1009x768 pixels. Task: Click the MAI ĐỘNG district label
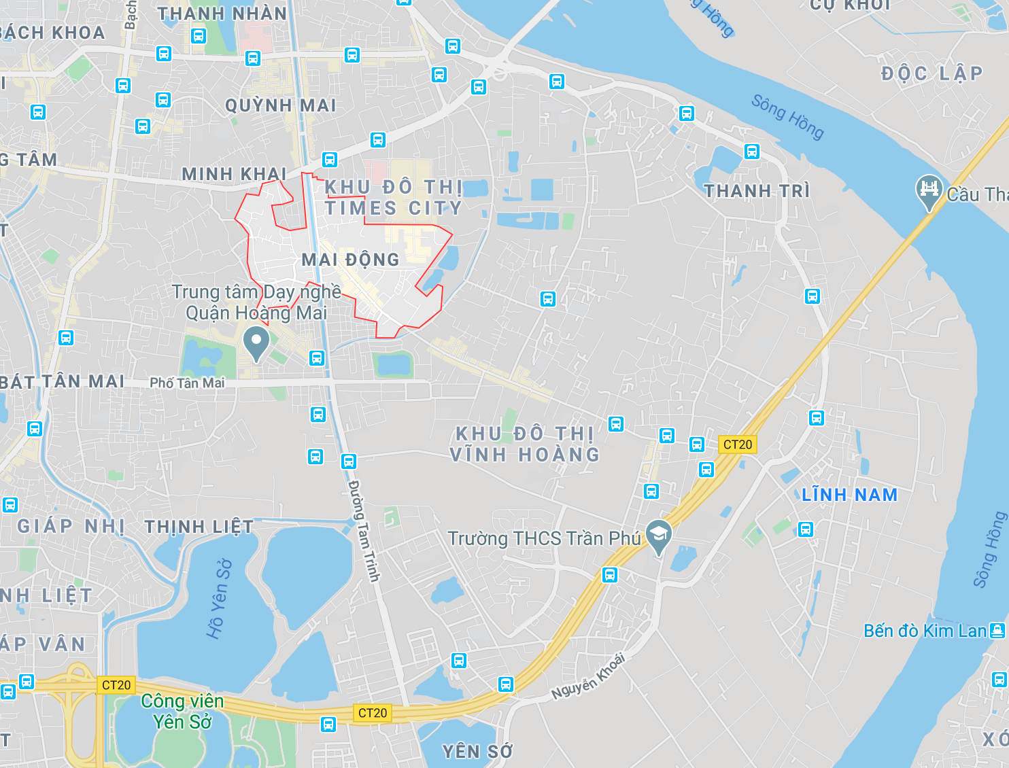350,260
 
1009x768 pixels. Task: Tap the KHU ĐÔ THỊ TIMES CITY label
393,198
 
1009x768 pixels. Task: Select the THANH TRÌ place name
757,191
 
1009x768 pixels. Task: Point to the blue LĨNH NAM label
849,495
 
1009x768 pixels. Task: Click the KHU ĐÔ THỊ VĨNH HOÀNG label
525,444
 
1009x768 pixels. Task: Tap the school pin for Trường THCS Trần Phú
658,536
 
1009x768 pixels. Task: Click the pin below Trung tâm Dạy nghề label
256,343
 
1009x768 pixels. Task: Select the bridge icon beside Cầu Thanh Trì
929,190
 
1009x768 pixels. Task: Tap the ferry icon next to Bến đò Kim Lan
997,631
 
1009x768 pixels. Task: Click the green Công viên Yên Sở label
182,711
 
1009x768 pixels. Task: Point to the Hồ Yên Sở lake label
219,599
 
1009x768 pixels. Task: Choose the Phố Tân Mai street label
187,383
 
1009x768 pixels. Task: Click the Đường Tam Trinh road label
364,530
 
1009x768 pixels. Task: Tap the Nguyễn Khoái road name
588,676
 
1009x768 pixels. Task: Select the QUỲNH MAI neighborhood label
281,105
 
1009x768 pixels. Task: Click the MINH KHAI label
234,174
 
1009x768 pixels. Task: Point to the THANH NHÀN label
222,14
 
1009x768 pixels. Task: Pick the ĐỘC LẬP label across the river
931,73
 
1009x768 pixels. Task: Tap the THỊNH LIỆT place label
199,527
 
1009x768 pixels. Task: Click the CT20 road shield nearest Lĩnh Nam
738,444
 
